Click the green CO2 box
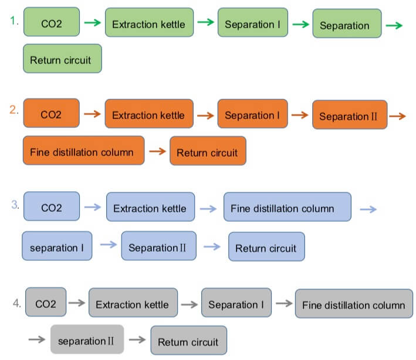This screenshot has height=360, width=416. click(51, 23)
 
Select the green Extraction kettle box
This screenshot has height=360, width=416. click(148, 23)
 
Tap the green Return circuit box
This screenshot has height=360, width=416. click(62, 59)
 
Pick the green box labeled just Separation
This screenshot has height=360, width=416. click(346, 25)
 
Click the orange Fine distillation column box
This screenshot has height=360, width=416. click(83, 151)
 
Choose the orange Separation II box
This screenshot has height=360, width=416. click(350, 116)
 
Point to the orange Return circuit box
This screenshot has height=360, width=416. click(207, 152)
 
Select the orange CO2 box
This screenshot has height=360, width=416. click(51, 114)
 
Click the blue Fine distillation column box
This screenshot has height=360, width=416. click(287, 208)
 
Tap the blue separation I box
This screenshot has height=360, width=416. click(57, 247)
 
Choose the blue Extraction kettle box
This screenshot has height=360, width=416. click(150, 208)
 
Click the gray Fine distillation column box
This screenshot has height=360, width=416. click(353, 304)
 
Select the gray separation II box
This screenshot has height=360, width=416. click(87, 339)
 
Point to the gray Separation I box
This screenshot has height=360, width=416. click(236, 304)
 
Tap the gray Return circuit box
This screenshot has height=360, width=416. click(188, 341)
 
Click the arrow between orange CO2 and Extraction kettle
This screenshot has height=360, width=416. click(92, 114)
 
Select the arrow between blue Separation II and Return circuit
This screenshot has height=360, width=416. click(212, 247)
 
